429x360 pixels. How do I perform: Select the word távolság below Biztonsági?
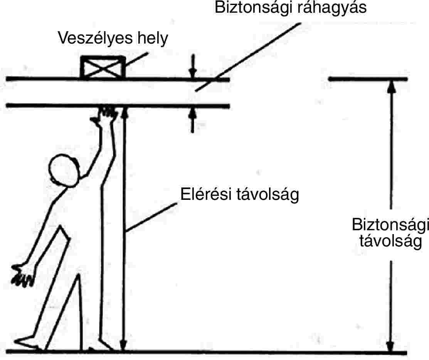(390, 242)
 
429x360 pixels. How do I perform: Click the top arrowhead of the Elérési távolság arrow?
(123, 111)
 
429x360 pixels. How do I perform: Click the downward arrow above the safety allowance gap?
(193, 72)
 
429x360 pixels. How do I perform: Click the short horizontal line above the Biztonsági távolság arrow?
(368, 79)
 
